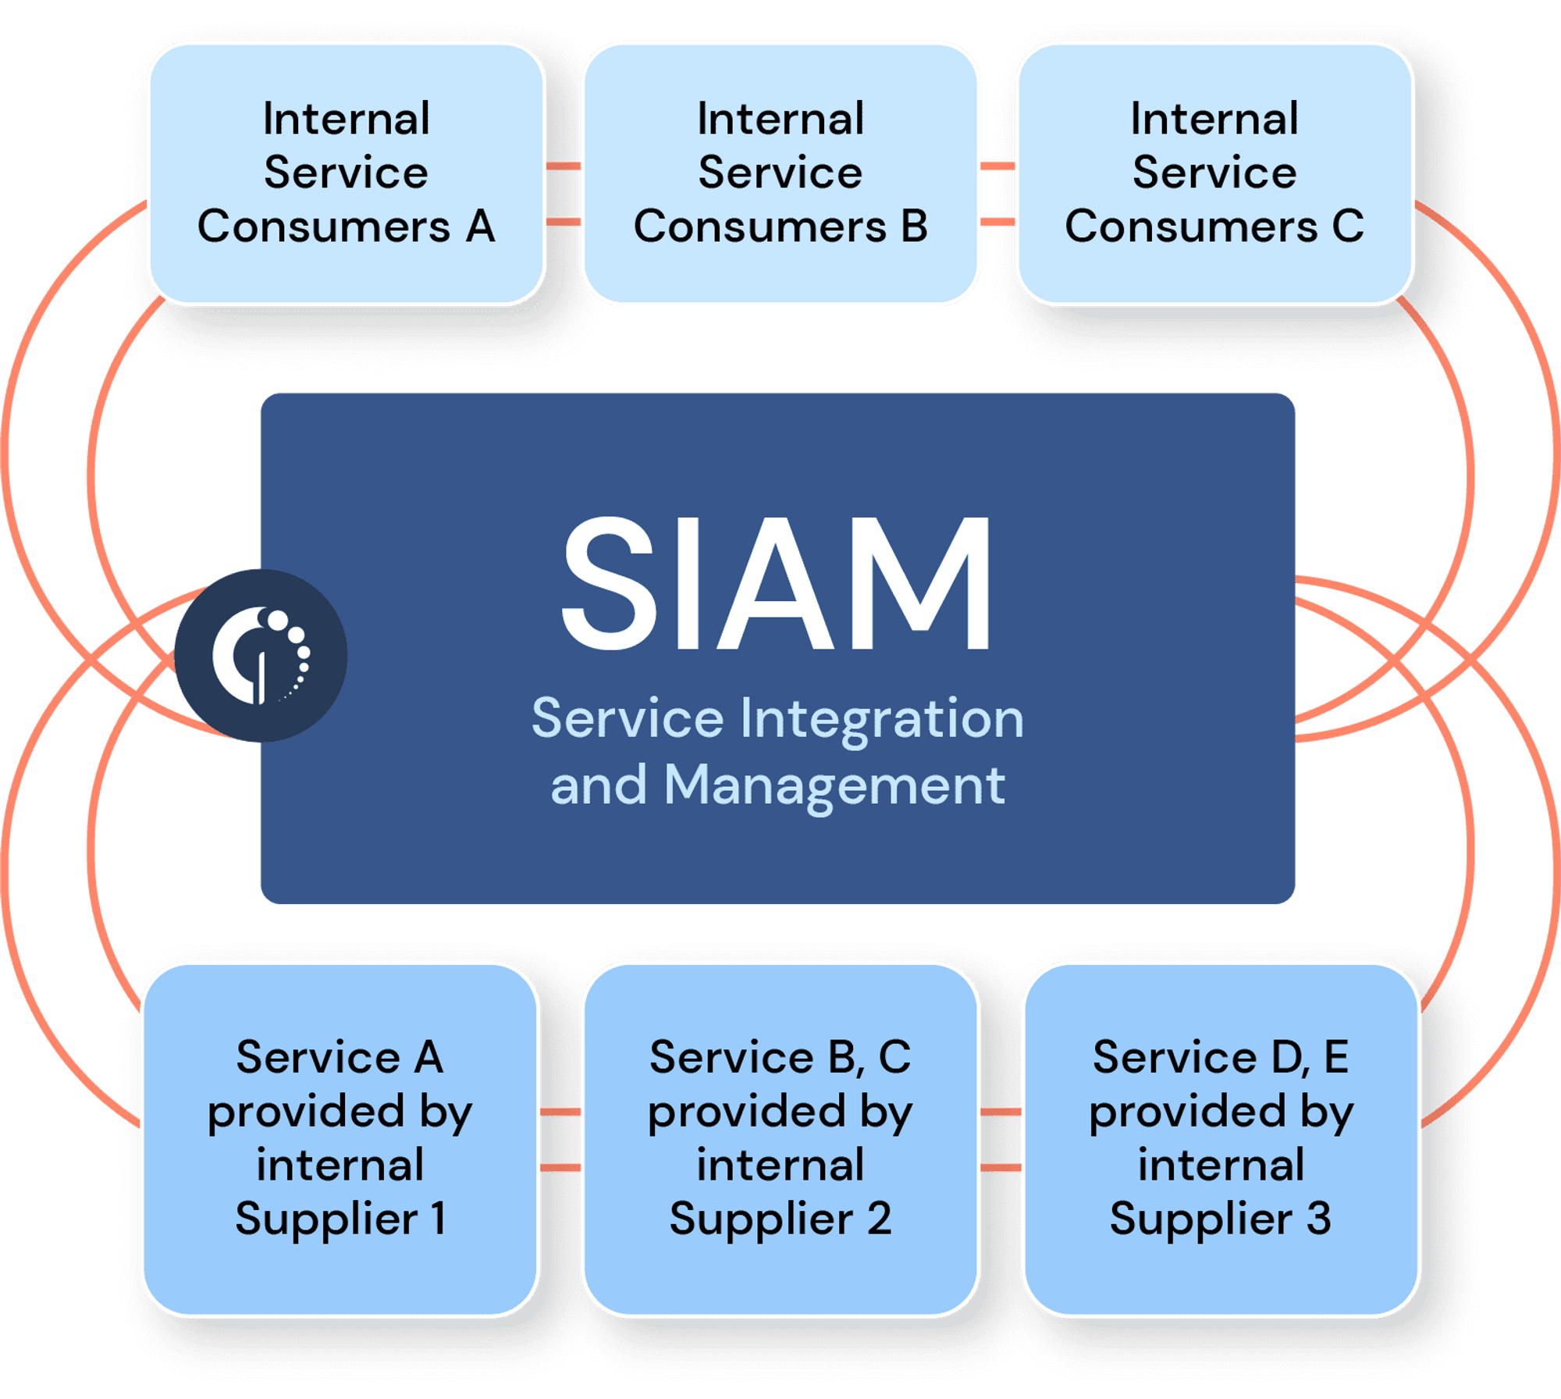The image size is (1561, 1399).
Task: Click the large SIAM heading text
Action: [x=777, y=584]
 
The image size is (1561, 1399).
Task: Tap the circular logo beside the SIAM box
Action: [x=261, y=656]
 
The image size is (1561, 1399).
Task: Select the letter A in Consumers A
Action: [x=480, y=227]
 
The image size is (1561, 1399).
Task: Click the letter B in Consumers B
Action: [x=914, y=227]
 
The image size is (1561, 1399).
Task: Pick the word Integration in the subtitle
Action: [x=881, y=720]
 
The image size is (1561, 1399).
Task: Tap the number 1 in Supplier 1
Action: [x=439, y=1219]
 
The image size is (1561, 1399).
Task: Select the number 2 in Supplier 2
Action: [x=879, y=1219]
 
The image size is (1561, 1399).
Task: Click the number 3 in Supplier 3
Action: [x=1319, y=1219]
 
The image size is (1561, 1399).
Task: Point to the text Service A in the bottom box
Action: [x=340, y=1058]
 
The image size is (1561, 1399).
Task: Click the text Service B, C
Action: [x=780, y=1058]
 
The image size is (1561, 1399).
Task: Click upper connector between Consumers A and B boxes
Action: [x=564, y=166]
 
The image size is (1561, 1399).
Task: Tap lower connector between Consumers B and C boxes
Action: [x=997, y=222]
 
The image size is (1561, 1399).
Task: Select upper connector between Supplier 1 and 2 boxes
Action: [x=560, y=1112]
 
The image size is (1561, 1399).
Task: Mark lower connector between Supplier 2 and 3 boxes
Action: [x=1001, y=1168]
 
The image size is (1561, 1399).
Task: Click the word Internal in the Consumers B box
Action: [x=780, y=119]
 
